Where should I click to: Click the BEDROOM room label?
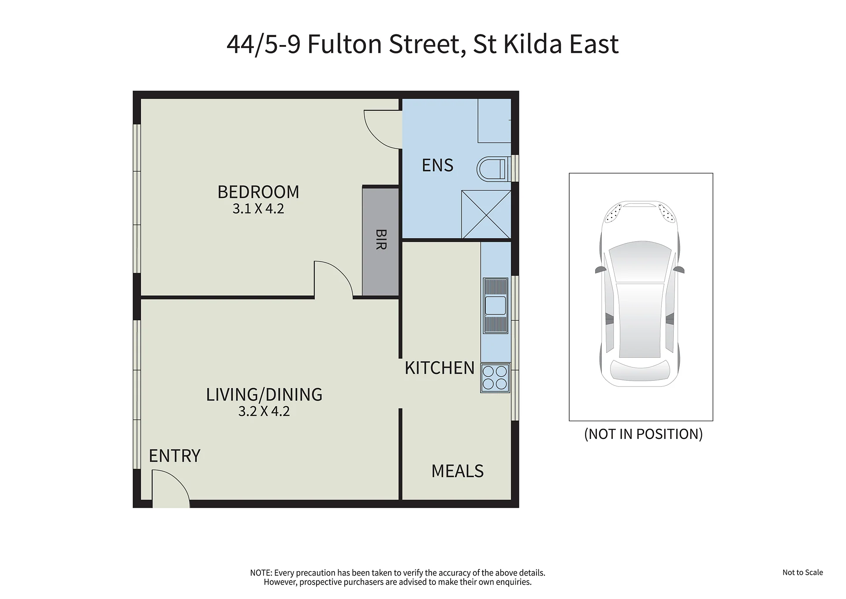coord(258,192)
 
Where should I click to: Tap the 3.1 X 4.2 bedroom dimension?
coord(258,209)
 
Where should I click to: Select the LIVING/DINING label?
coord(264,395)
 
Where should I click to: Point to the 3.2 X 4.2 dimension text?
coord(264,411)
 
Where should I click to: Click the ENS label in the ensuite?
coord(437,165)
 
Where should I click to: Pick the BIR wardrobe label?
coord(380,240)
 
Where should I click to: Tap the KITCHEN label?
coord(440,368)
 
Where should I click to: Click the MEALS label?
coord(457,471)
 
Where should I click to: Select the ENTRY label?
coord(175,456)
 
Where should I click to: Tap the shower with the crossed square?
coord(486,215)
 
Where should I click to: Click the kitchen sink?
coord(496,306)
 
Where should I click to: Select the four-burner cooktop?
coord(495,378)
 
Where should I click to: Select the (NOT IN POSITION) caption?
coord(643,434)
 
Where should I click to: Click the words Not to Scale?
coord(802,573)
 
